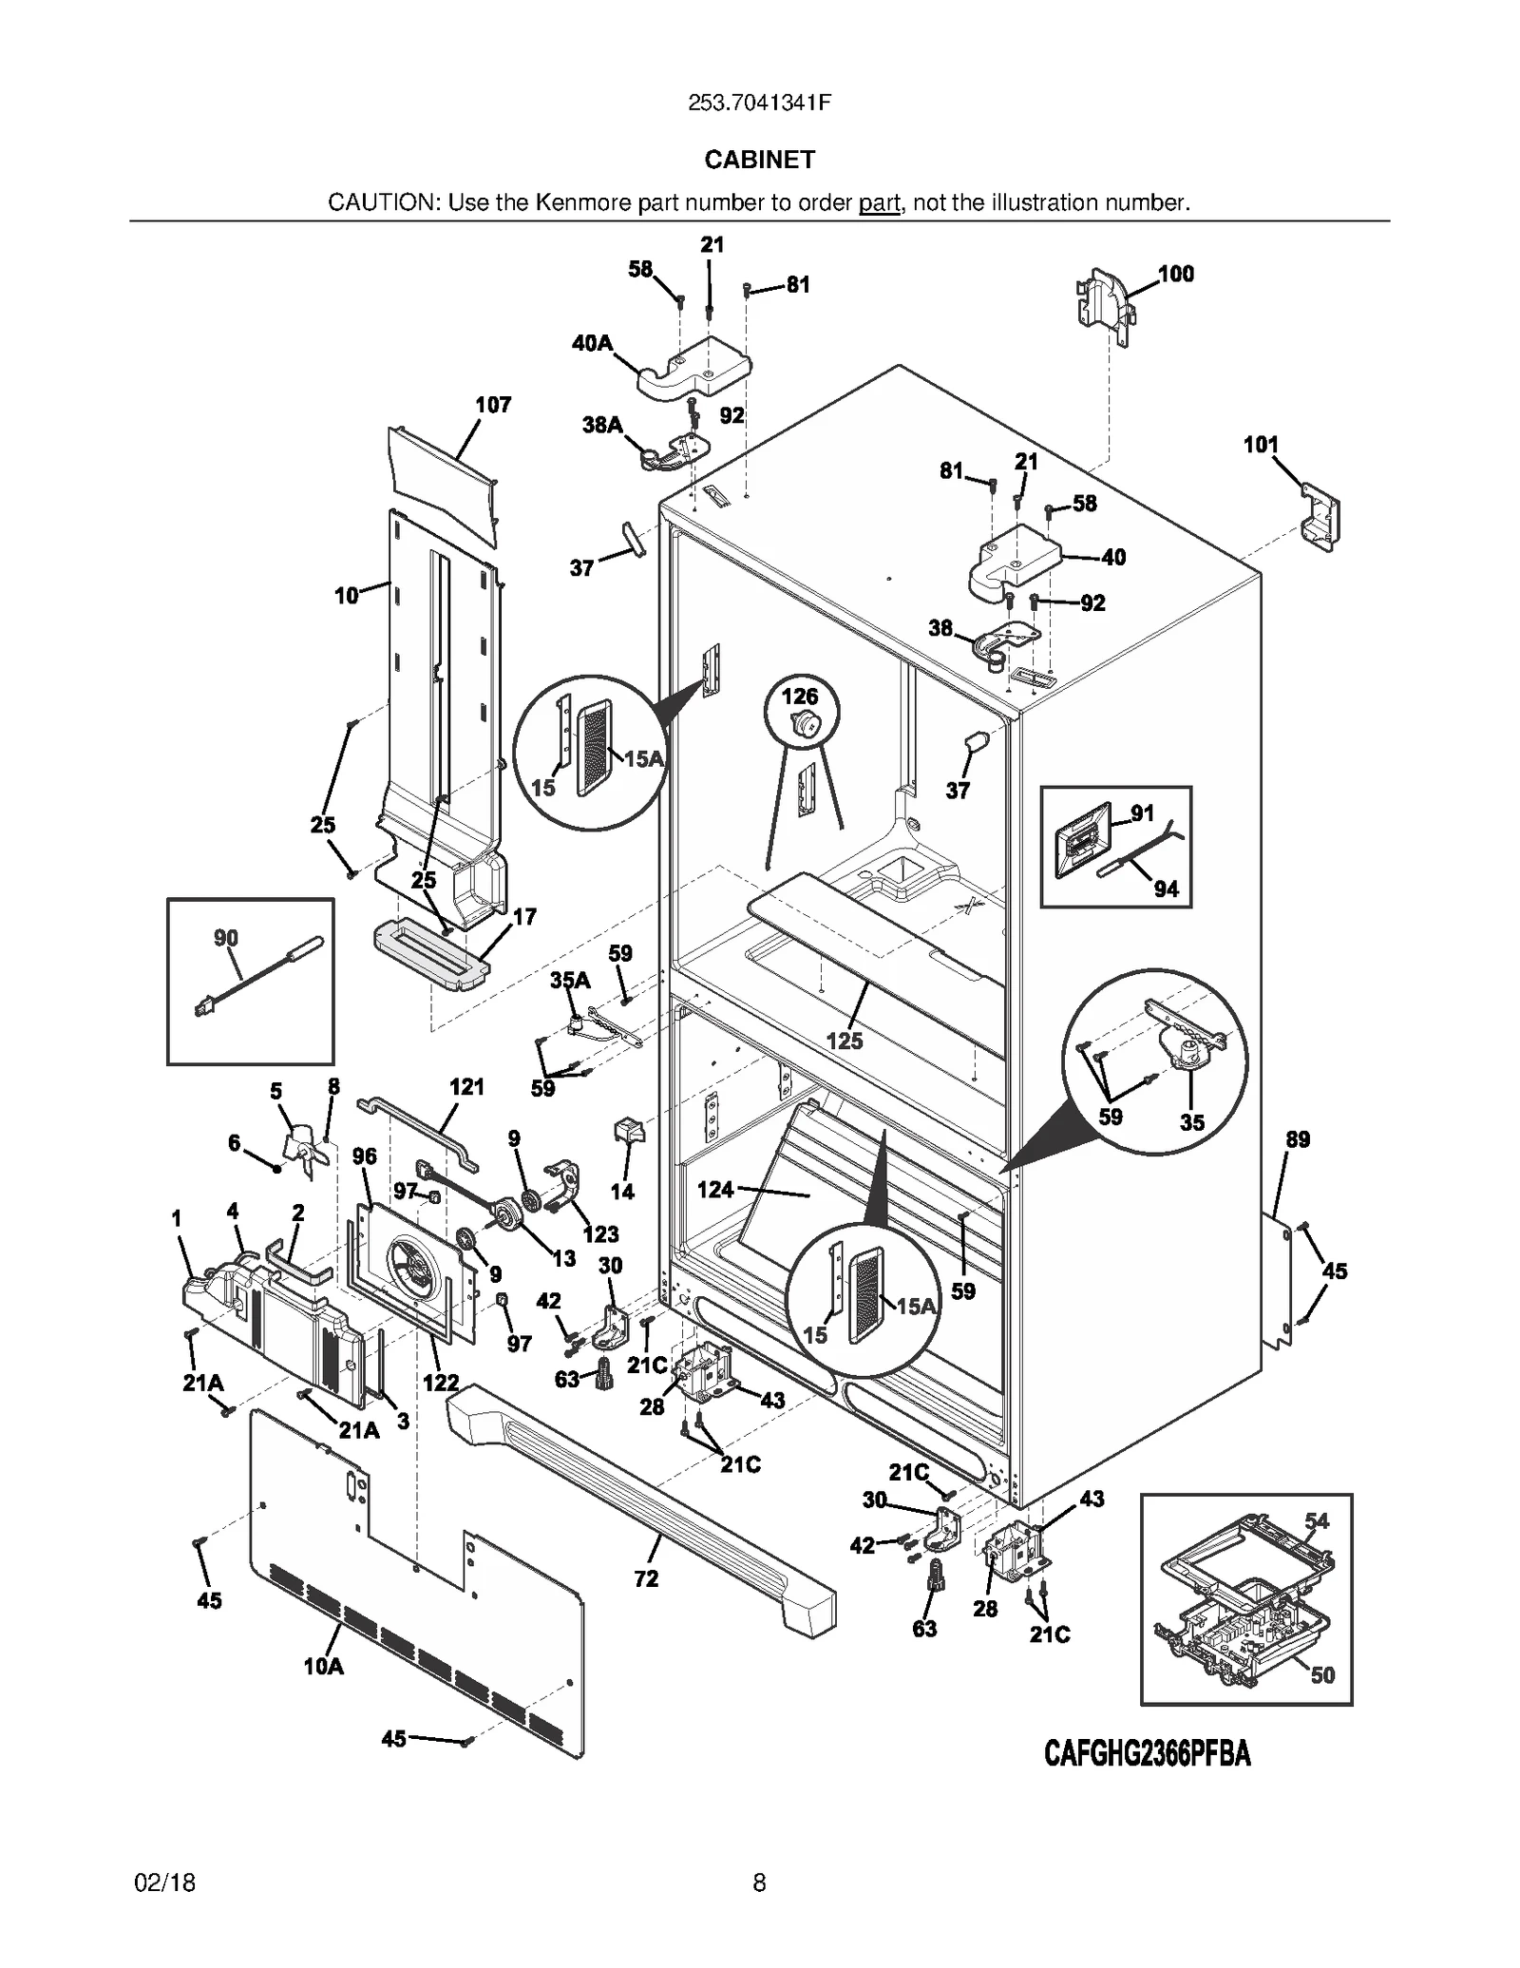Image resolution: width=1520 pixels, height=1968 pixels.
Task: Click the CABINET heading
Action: click(x=759, y=160)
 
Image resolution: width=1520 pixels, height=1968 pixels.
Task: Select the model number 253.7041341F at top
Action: click(x=759, y=104)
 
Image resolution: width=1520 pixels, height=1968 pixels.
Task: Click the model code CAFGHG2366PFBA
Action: click(x=1147, y=1753)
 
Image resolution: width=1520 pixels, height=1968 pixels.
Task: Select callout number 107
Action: click(x=493, y=405)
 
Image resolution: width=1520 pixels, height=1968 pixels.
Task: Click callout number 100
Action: click(x=1175, y=274)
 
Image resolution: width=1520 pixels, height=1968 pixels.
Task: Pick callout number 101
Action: click(x=1261, y=444)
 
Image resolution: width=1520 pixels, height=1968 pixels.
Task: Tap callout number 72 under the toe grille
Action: click(x=646, y=1578)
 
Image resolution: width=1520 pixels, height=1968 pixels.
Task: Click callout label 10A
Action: click(x=323, y=1666)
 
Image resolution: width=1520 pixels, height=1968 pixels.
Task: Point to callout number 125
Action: click(x=844, y=1041)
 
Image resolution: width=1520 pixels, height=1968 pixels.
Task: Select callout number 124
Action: click(x=715, y=1189)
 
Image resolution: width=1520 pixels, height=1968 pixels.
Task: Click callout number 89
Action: click(x=1298, y=1139)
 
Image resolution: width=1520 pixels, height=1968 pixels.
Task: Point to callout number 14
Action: click(x=622, y=1192)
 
